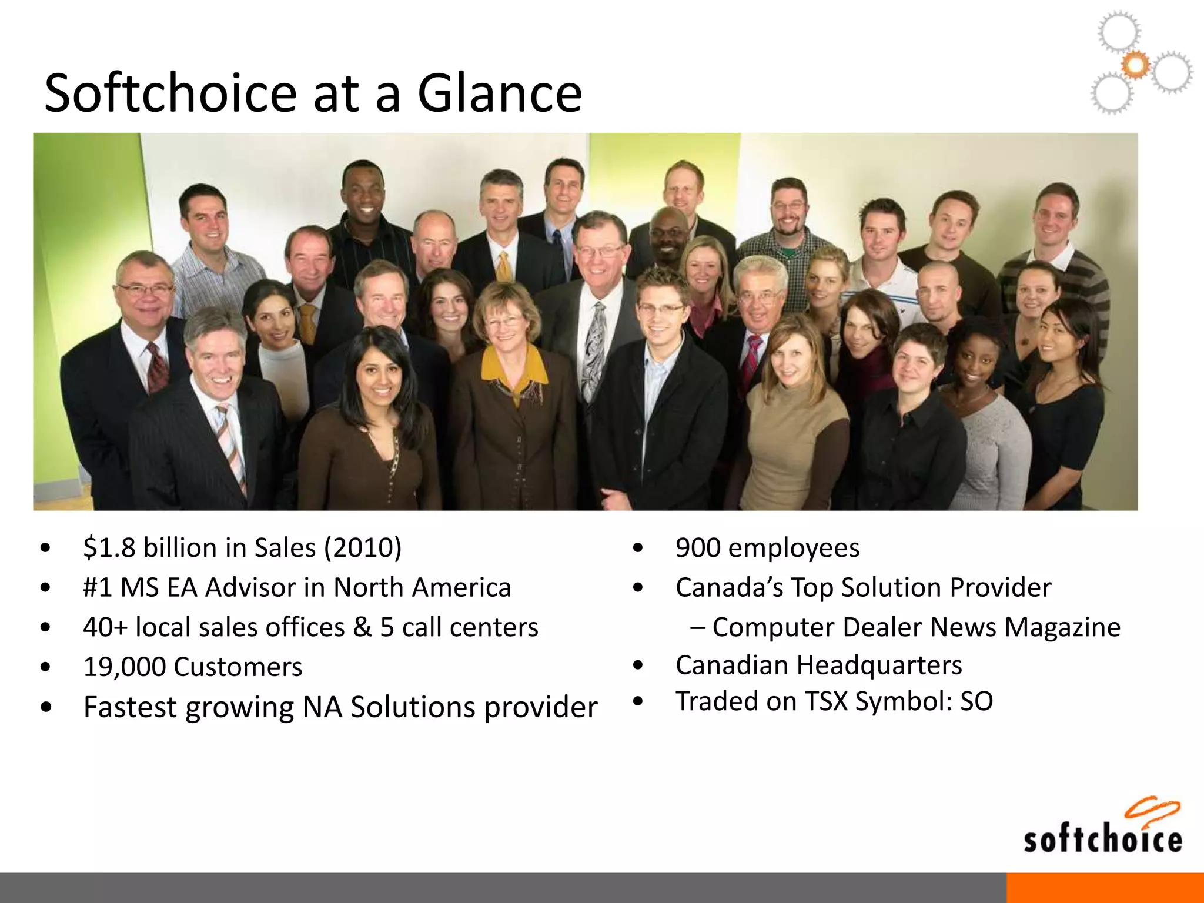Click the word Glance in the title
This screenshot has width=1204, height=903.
coord(499,93)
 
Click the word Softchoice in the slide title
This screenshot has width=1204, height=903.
coord(170,93)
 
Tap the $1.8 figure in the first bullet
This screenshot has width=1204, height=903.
coord(110,548)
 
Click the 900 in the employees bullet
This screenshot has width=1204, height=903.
coord(698,548)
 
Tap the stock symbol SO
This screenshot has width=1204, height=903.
coord(976,701)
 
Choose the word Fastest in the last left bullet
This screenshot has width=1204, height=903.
coord(130,707)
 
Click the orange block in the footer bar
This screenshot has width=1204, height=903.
coord(1105,888)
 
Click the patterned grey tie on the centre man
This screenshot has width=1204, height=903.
coord(595,347)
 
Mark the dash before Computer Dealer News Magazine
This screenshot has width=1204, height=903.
coord(698,627)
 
